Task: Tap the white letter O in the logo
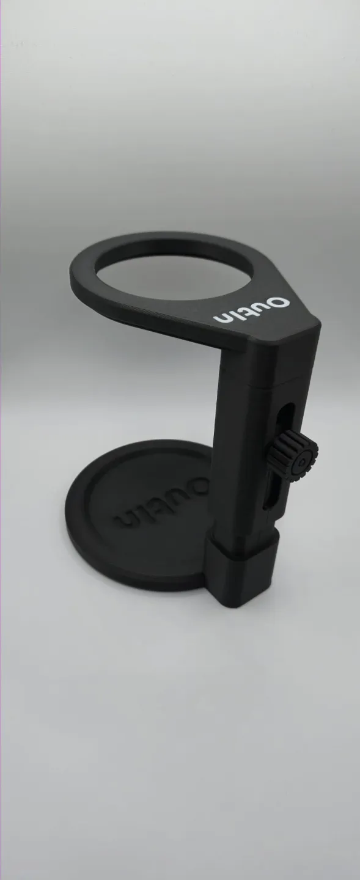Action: click(279, 304)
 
